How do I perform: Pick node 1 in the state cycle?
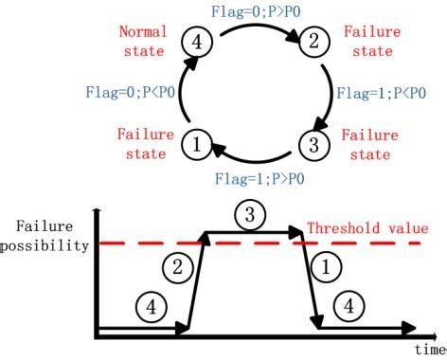(197, 145)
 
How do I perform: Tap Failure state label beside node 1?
(145, 143)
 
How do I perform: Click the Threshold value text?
(367, 228)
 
